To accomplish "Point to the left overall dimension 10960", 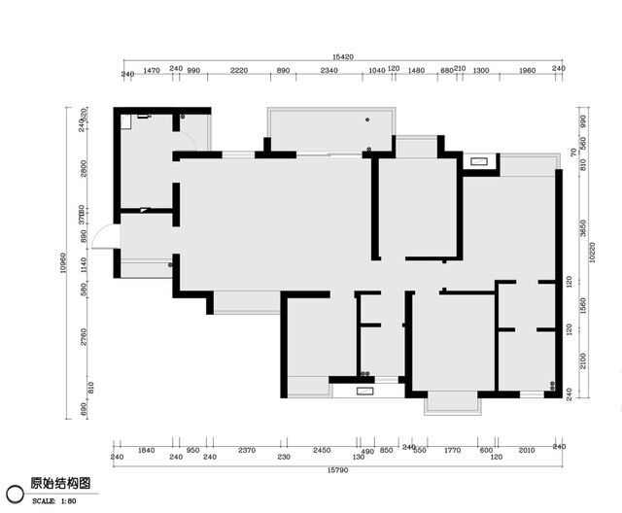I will (63, 259).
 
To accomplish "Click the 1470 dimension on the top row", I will (152, 71).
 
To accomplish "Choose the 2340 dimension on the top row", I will (328, 71).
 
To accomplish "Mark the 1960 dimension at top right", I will (527, 71).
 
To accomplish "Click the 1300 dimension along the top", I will (480, 71).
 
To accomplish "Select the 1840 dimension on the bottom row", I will (147, 451).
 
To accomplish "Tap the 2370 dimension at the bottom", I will (247, 451).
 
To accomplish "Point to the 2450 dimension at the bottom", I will (322, 451).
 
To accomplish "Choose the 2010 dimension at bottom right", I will (527, 451).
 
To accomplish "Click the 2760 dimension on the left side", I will (85, 336).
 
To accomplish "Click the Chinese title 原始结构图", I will (60, 482).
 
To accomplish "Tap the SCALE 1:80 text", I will (54, 500).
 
